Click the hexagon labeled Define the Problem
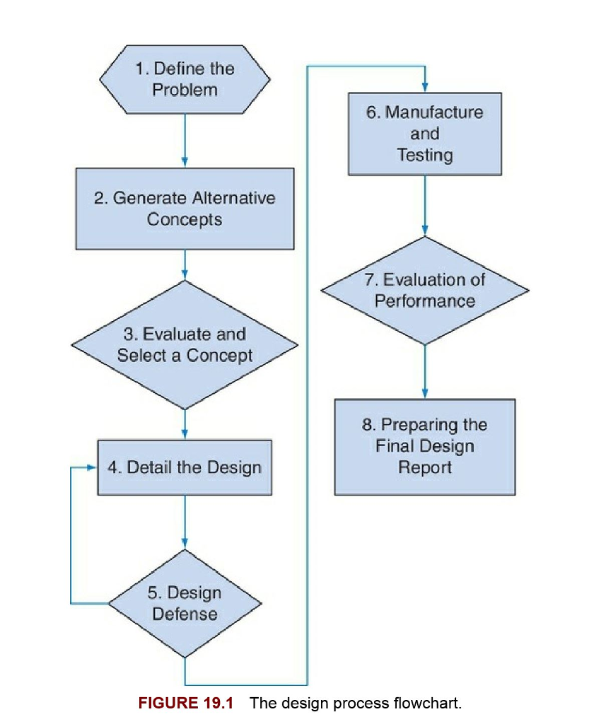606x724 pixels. click(185, 79)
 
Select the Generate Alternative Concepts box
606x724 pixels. click(185, 209)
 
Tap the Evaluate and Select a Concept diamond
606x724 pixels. click(185, 344)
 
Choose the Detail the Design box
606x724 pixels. click(185, 467)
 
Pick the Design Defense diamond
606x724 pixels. click(185, 603)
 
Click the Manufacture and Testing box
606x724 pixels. click(424, 134)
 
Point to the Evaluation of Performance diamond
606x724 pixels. click(424, 291)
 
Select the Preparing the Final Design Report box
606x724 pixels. click(424, 447)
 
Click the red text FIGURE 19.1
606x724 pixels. click(185, 703)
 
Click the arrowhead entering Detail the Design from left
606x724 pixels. click(91, 467)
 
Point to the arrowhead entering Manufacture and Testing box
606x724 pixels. click(424, 88)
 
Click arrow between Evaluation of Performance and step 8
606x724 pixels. click(424, 371)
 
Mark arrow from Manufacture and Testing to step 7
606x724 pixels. click(424, 205)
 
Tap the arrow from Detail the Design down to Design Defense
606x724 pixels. click(185, 522)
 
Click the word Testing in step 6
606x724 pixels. click(424, 155)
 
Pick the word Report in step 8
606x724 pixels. click(424, 467)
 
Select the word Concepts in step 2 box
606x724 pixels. click(185, 220)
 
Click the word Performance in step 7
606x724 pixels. click(424, 301)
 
